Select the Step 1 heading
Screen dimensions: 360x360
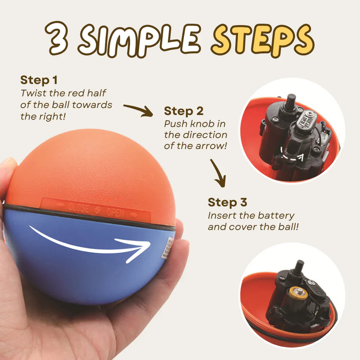coord(39,80)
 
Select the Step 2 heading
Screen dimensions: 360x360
coord(184,111)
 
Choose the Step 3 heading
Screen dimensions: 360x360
coord(227,202)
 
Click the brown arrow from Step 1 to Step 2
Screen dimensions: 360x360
coord(139,110)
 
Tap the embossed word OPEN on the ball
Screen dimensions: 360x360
coord(115,212)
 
